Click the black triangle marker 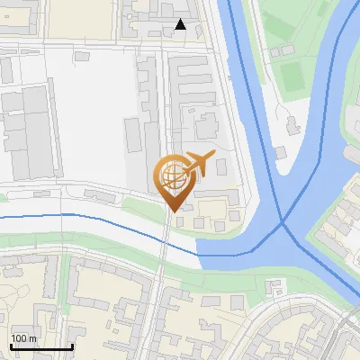[x=181, y=24]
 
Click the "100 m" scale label [x=23, y=338]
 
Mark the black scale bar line [x=40, y=346]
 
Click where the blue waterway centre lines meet [x=283, y=222]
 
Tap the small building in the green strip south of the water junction [x=276, y=287]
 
